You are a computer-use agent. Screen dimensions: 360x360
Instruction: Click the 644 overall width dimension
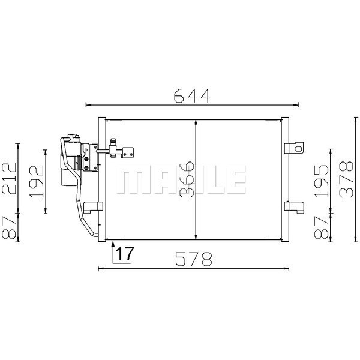pyautogui.click(x=191, y=95)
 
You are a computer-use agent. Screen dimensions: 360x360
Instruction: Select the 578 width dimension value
pyautogui.click(x=194, y=259)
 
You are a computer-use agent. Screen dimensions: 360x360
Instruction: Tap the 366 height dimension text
pyautogui.click(x=187, y=178)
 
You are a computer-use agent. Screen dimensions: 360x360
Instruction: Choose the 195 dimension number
pyautogui.click(x=322, y=178)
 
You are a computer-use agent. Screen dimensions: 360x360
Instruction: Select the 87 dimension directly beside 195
pyautogui.click(x=322, y=227)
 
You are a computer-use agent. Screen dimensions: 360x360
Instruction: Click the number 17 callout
pyautogui.click(x=124, y=254)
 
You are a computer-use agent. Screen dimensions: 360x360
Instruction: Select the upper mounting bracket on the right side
pyautogui.click(x=293, y=148)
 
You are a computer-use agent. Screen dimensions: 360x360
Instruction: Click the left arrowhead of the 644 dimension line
pyautogui.click(x=89, y=104)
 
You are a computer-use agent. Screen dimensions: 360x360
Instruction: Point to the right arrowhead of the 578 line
pyautogui.click(x=289, y=267)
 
